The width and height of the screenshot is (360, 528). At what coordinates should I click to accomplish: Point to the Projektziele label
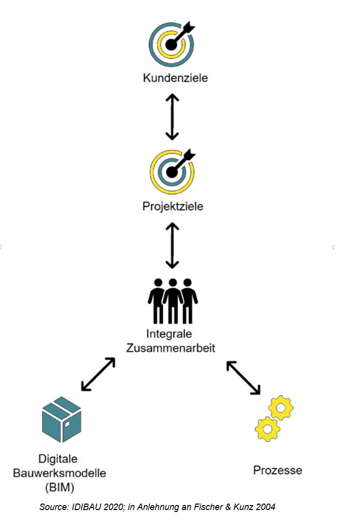173,206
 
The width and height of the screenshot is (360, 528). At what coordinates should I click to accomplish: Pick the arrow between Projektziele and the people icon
172,246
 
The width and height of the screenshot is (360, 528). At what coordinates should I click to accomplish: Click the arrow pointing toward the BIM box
98,373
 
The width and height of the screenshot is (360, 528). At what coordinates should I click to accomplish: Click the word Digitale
58,459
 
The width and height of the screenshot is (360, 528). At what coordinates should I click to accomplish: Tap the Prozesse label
278,470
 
